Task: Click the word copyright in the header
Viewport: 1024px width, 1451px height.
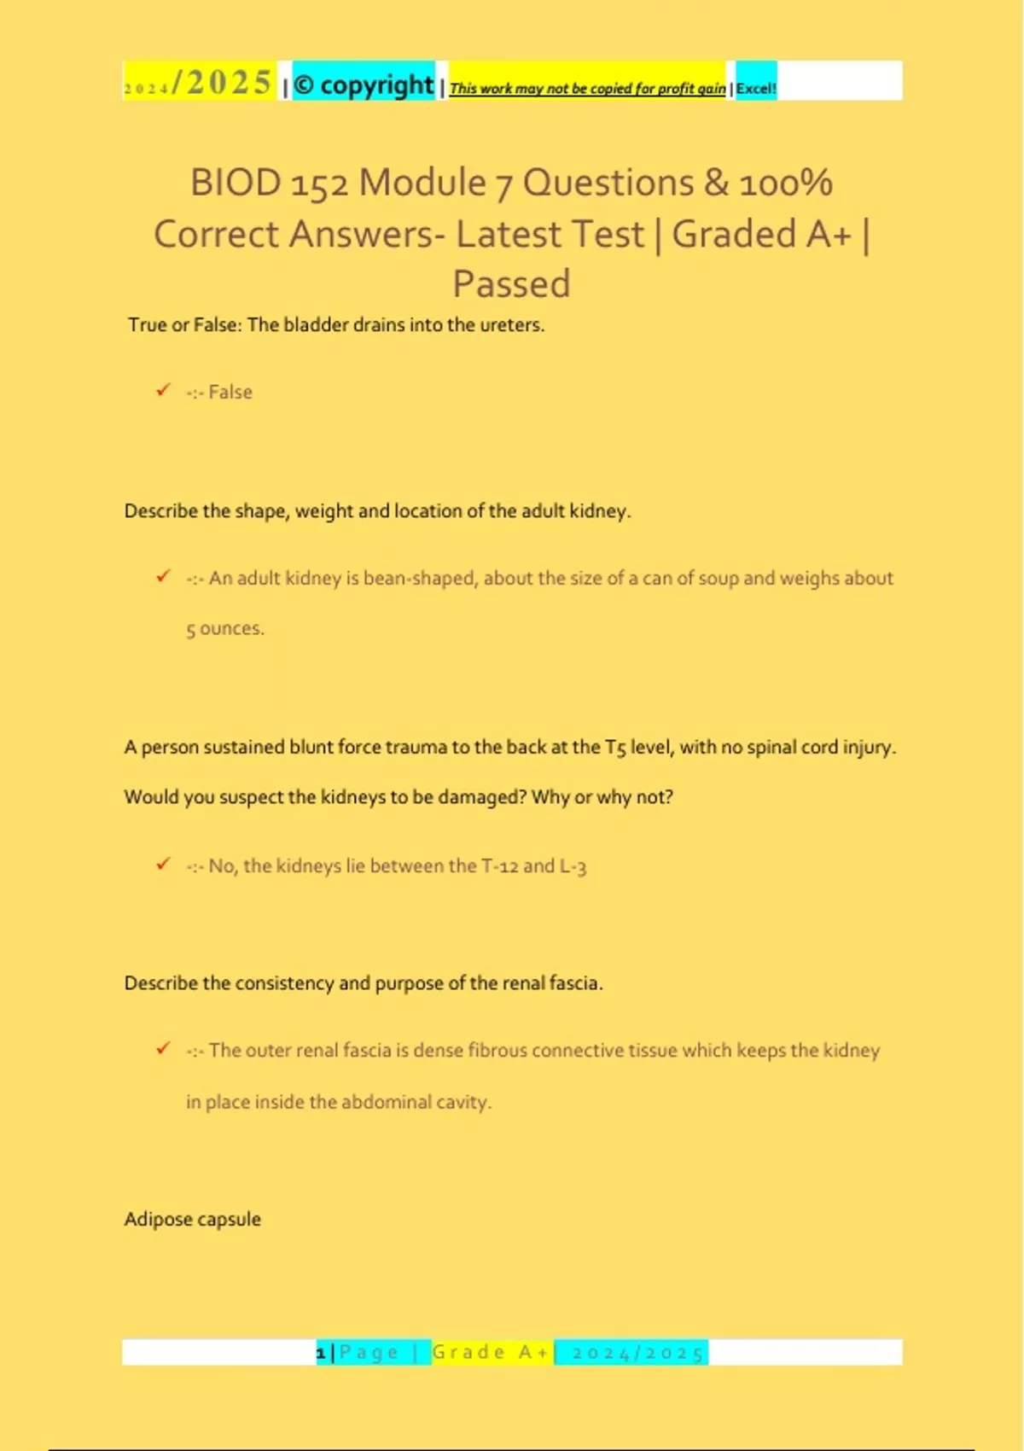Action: [376, 84]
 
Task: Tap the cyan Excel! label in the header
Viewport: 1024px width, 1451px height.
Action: [756, 88]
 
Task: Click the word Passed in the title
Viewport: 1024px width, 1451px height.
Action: [511, 284]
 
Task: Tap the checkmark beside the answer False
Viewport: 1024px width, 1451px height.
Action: [163, 390]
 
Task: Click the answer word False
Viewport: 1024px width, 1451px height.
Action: [230, 392]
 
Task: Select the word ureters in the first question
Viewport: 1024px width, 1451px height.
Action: [510, 325]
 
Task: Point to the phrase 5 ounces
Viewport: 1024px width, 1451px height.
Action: [225, 629]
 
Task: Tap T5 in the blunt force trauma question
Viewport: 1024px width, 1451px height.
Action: [615, 748]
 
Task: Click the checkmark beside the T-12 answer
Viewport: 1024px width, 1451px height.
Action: [163, 864]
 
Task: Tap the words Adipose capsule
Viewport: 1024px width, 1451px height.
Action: [193, 1219]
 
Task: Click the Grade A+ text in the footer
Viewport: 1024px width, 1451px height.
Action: [491, 1352]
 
